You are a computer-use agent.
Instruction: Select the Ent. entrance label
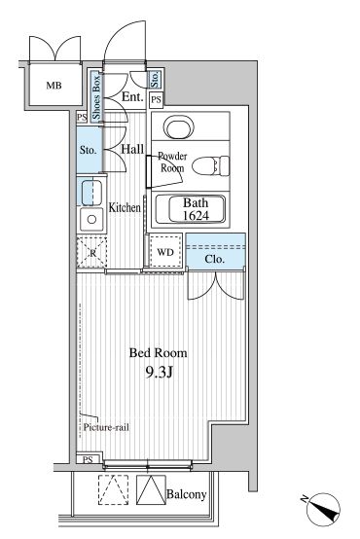(x=132, y=96)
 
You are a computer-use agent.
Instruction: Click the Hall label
(x=132, y=149)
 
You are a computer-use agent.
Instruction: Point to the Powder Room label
(x=172, y=162)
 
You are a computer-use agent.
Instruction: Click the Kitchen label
(x=126, y=207)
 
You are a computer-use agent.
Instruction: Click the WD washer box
(x=164, y=252)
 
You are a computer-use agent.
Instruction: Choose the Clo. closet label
(x=215, y=260)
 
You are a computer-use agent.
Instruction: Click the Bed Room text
(x=159, y=352)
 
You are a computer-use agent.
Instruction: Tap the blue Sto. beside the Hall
(x=88, y=151)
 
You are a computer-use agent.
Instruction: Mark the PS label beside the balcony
(x=88, y=459)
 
